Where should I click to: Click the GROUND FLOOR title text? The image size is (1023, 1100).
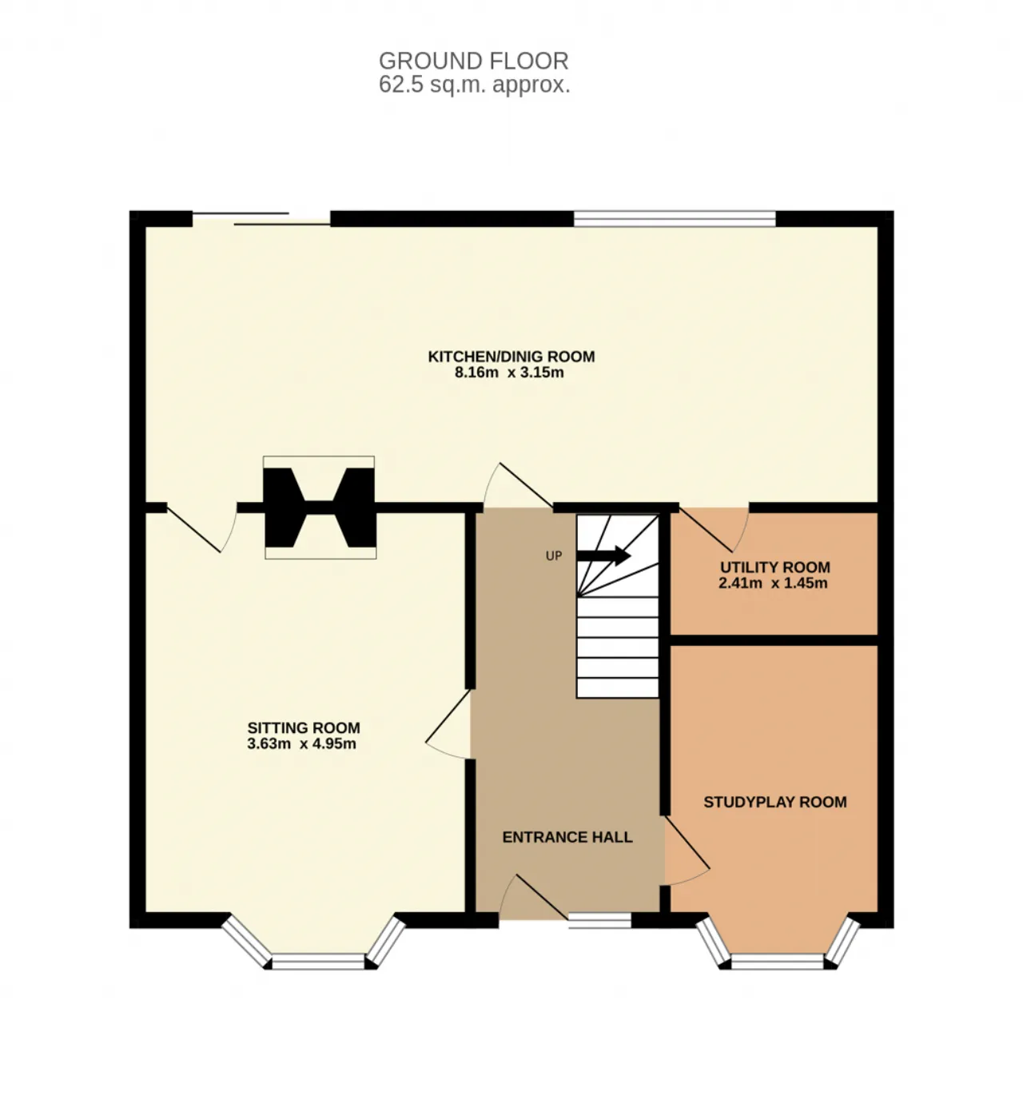(x=474, y=61)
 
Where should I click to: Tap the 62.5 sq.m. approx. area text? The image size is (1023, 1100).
(x=474, y=85)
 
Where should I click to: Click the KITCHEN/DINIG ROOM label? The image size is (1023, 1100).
(x=511, y=357)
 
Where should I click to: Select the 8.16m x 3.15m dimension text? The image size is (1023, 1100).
(x=509, y=373)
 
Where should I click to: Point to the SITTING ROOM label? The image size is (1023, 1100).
(x=304, y=727)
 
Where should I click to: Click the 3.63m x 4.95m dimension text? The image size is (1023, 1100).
(x=301, y=743)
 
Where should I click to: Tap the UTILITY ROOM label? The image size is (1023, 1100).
(x=775, y=567)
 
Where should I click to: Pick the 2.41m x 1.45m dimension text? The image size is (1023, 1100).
(x=773, y=583)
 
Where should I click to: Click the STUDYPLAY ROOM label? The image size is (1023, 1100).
(x=775, y=802)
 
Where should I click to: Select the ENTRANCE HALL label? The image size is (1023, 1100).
(x=567, y=836)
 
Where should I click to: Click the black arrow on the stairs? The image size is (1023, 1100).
(x=603, y=555)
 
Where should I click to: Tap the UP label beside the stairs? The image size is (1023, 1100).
(x=553, y=556)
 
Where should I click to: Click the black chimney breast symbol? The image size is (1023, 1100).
(x=320, y=508)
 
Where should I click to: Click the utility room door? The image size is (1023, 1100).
(x=715, y=529)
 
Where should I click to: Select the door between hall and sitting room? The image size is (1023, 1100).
(x=448, y=724)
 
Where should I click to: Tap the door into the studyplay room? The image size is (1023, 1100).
(x=687, y=851)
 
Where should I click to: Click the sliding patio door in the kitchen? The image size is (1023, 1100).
(x=261, y=219)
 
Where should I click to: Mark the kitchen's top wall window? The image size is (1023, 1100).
(x=675, y=219)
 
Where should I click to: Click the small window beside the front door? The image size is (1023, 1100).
(x=600, y=920)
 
